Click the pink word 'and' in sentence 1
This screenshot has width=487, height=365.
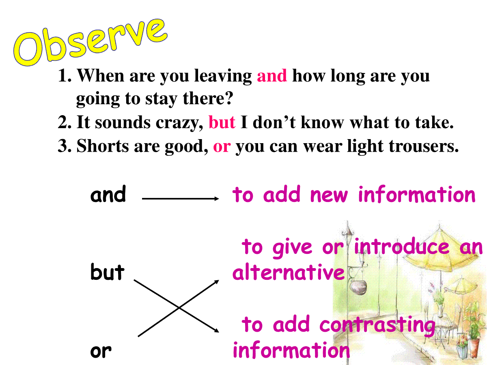272,76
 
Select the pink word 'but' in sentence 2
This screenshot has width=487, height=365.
222,122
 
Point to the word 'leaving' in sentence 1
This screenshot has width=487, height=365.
223,77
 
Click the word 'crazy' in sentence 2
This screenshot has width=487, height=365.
179,123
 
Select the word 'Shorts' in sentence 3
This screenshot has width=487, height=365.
103,146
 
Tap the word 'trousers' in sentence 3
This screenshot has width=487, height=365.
423,146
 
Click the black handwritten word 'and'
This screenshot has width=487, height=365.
108,194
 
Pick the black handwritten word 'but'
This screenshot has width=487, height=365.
108,272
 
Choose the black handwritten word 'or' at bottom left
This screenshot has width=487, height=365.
101,352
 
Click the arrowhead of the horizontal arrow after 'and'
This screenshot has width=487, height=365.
217,199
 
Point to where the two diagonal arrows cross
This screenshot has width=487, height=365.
179,307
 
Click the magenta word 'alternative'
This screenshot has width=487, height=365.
288,272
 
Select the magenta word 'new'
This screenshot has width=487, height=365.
329,195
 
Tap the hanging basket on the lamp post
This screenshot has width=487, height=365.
358,287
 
